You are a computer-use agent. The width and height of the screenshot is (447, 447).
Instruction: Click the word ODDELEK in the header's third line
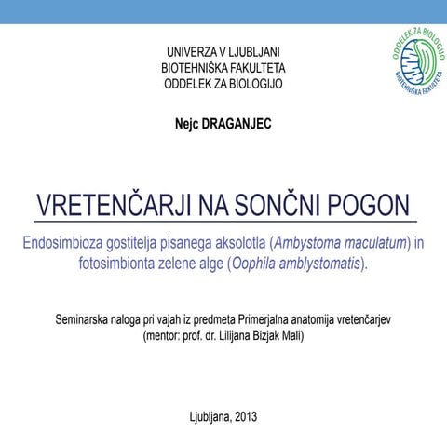tap(189, 84)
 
